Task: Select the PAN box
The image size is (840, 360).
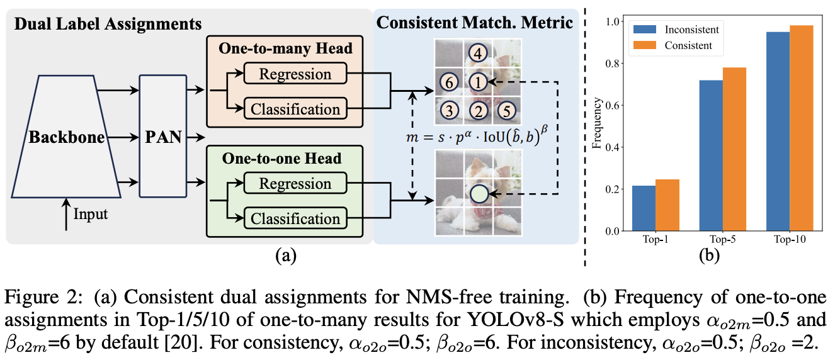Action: pos(164,136)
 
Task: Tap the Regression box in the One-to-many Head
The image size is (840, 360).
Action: pos(295,75)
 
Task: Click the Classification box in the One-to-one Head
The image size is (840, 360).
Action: pos(295,218)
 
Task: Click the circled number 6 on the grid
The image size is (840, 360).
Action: pos(448,82)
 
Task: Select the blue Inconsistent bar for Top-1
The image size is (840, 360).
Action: pos(644,208)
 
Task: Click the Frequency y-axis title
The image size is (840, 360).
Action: pos(596,126)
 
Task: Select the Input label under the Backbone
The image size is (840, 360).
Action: pos(91,214)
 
